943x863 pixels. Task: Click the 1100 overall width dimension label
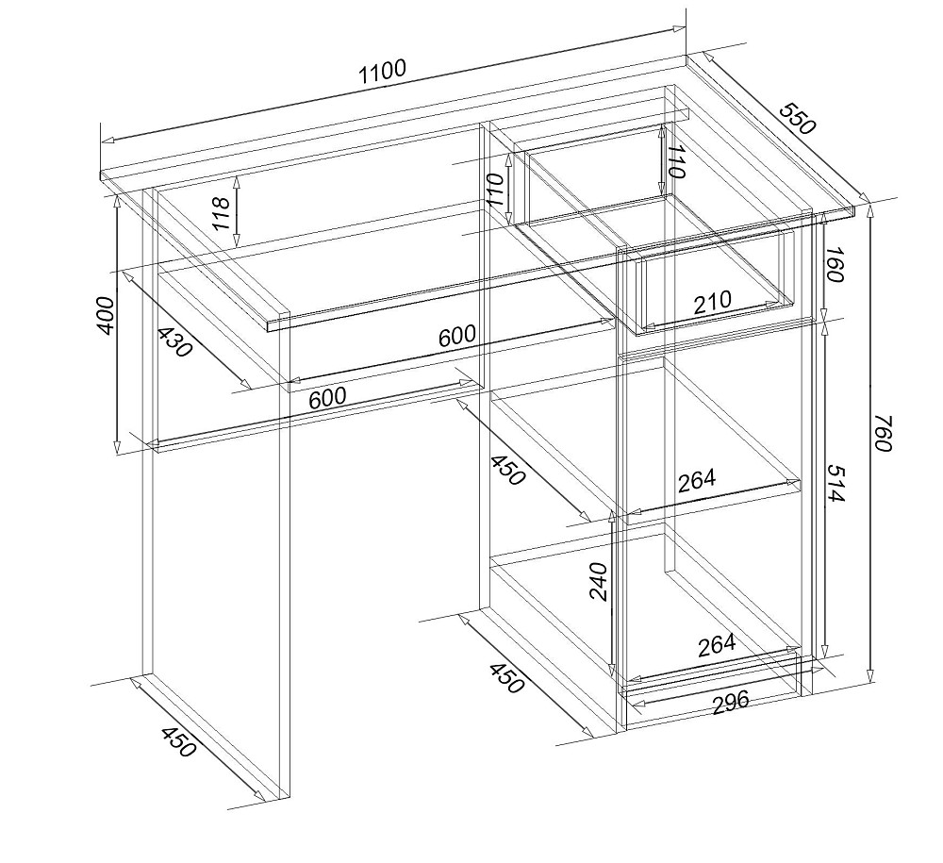pyautogui.click(x=383, y=73)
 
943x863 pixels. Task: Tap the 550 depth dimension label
pyautogui.click(x=798, y=119)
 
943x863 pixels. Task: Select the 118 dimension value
pyautogui.click(x=222, y=213)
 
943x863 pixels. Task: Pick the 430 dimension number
pyautogui.click(x=174, y=341)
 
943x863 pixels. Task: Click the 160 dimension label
pyautogui.click(x=835, y=265)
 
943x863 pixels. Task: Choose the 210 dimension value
pyautogui.click(x=713, y=303)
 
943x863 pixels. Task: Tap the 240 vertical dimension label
pyautogui.click(x=599, y=581)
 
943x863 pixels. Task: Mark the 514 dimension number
pyautogui.click(x=835, y=482)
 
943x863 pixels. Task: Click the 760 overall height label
pyautogui.click(x=882, y=432)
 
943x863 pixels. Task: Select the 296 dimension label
pyautogui.click(x=731, y=702)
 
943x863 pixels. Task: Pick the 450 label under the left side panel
pyautogui.click(x=178, y=741)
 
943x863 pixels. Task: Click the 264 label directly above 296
pyautogui.click(x=717, y=645)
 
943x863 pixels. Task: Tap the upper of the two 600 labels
pyautogui.click(x=457, y=335)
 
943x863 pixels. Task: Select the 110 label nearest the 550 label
pyautogui.click(x=676, y=162)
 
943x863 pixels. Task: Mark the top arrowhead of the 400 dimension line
pyautogui.click(x=117, y=202)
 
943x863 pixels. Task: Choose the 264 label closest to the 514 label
pyautogui.click(x=698, y=480)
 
